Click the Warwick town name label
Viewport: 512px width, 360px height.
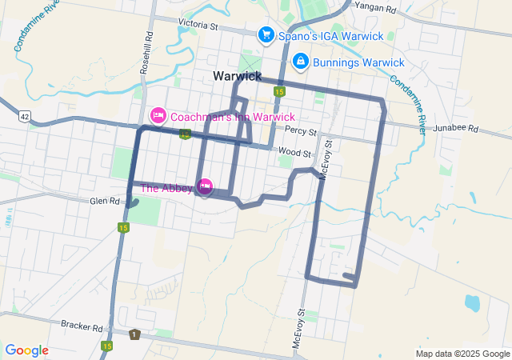238,76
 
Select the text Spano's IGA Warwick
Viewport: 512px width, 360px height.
330,36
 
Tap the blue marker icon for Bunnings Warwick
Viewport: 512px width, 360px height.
301,61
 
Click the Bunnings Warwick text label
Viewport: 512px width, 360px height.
359,62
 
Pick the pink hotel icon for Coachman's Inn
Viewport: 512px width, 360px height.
158,116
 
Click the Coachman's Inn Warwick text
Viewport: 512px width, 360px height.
233,117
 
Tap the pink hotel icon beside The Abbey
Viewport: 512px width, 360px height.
205,187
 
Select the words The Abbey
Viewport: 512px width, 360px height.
166,188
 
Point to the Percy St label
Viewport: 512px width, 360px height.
301,130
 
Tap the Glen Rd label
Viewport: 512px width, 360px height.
104,202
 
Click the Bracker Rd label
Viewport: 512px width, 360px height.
82,326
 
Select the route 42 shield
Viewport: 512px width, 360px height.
25,116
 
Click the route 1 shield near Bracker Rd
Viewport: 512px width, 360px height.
135,334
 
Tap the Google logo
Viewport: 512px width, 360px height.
27,350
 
